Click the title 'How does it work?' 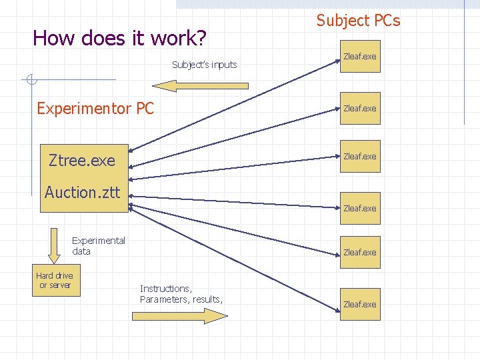pyautogui.click(x=119, y=38)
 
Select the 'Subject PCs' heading pyautogui.click(x=358, y=21)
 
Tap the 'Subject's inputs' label pyautogui.click(x=204, y=65)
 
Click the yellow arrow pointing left pyautogui.click(x=200, y=85)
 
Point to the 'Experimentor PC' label pyautogui.click(x=95, y=108)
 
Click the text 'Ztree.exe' pyautogui.click(x=82, y=161)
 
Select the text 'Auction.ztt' pyautogui.click(x=82, y=193)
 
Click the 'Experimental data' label pyautogui.click(x=98, y=246)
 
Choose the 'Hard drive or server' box pyautogui.click(x=55, y=281)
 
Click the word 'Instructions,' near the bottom pyautogui.click(x=165, y=289)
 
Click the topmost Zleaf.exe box pyautogui.click(x=360, y=57)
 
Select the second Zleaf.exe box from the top pyautogui.click(x=360, y=109)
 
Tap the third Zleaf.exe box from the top pyautogui.click(x=360, y=157)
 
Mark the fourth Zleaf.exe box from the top pyautogui.click(x=360, y=209)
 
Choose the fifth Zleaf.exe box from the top pyautogui.click(x=360, y=253)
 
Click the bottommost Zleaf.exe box pyautogui.click(x=360, y=304)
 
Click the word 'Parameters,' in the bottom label pyautogui.click(x=165, y=299)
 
